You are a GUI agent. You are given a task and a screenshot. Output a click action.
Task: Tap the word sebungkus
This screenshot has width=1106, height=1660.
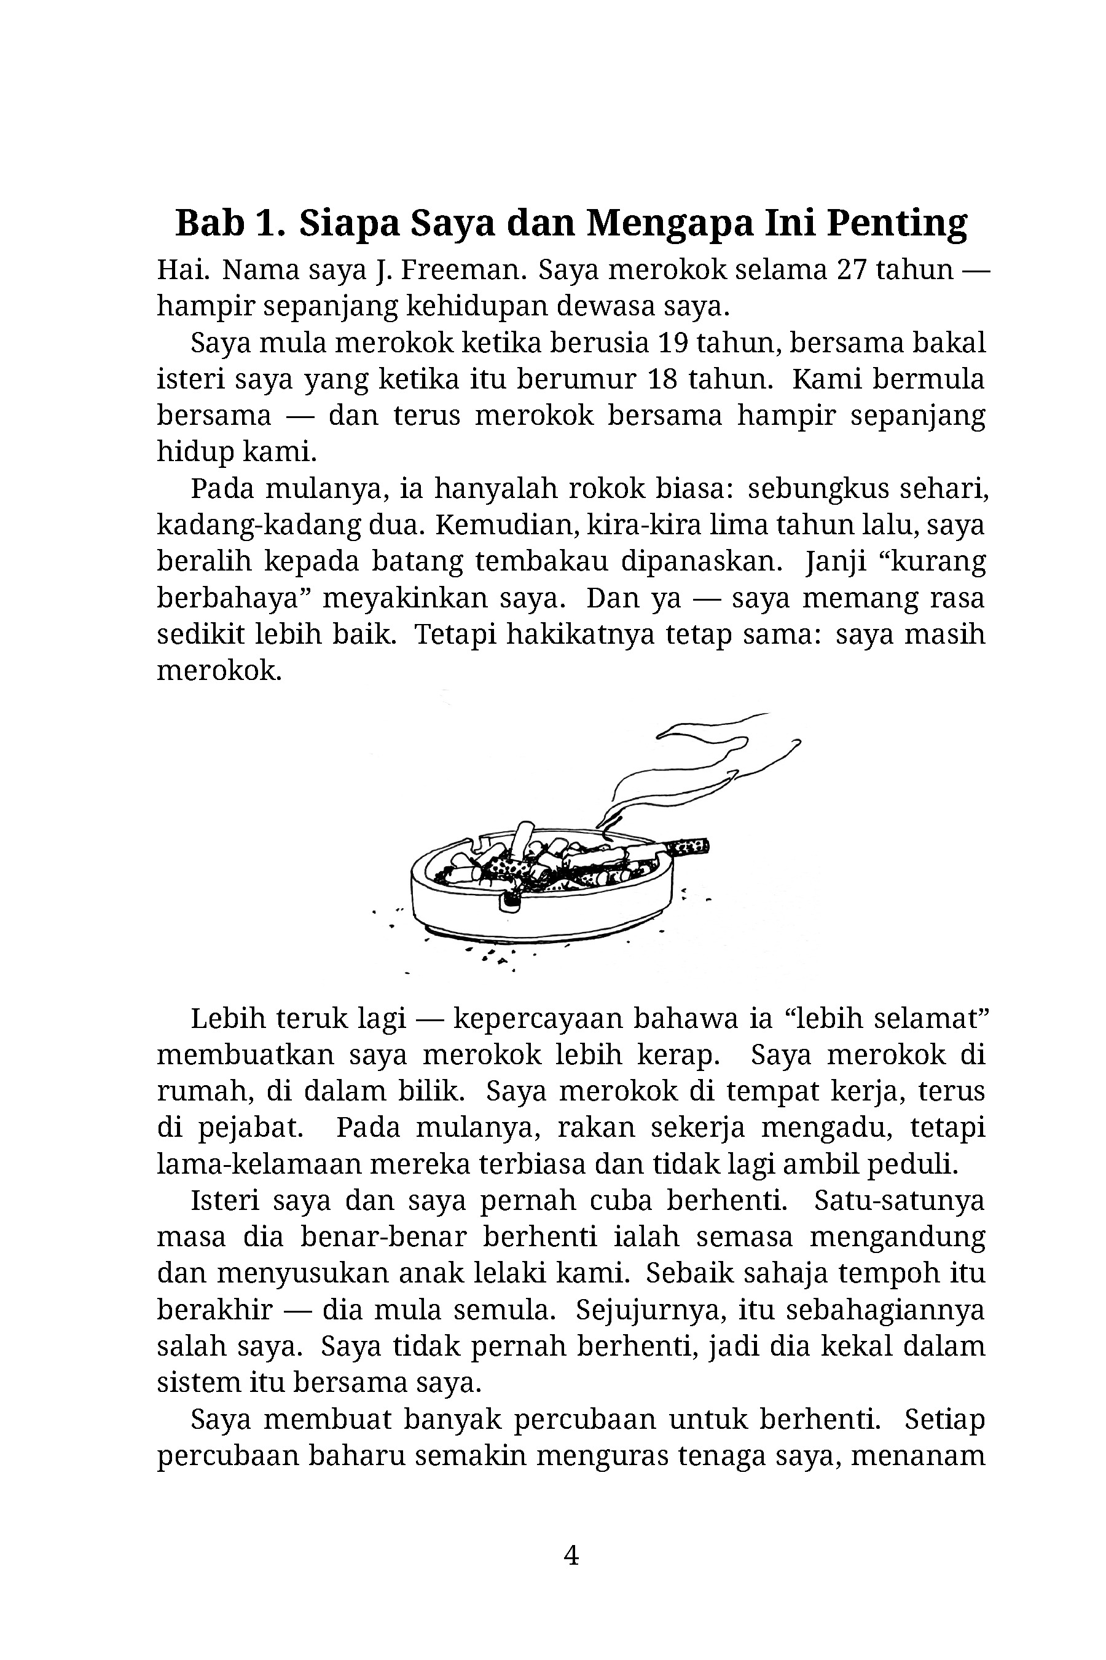tap(809, 488)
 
